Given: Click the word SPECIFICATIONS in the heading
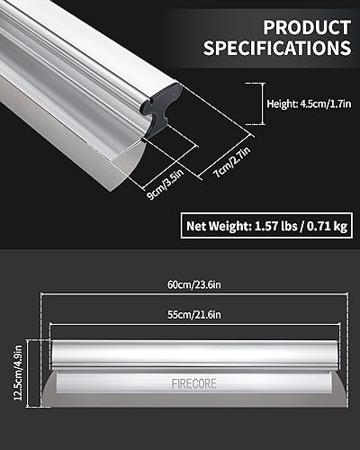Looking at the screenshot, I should tap(276, 47).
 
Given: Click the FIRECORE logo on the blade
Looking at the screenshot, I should tap(190, 383).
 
